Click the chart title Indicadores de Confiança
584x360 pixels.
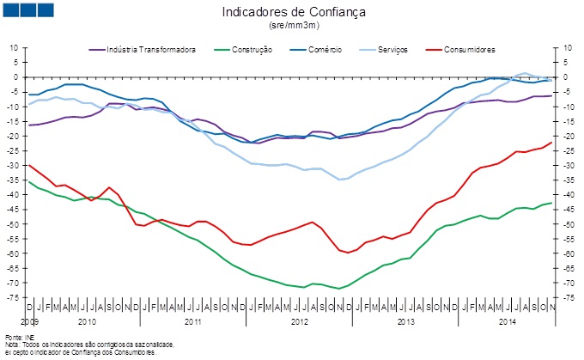click(x=294, y=12)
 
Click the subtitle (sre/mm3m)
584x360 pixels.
click(x=294, y=27)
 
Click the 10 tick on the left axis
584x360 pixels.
click(x=15, y=48)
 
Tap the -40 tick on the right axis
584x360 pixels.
click(x=566, y=195)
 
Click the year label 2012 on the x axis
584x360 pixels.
click(x=299, y=321)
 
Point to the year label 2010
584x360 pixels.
click(x=86, y=321)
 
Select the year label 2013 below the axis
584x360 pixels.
click(x=405, y=321)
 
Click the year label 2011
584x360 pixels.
click(x=192, y=321)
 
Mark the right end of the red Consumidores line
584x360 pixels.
click(x=552, y=143)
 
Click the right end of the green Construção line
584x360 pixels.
click(x=552, y=203)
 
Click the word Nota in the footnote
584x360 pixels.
click(x=11, y=344)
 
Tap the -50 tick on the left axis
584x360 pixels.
click(x=14, y=224)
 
